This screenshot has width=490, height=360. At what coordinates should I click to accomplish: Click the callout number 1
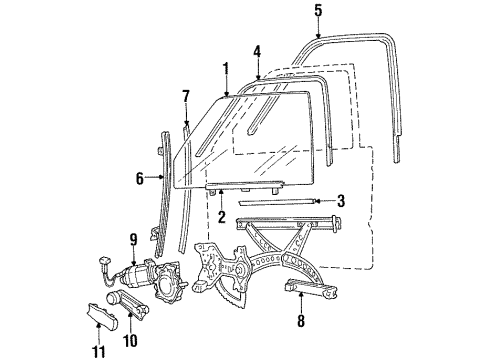click(x=226, y=69)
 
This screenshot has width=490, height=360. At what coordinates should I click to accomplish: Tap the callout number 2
click(x=222, y=216)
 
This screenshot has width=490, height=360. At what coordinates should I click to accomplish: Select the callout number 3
click(x=340, y=201)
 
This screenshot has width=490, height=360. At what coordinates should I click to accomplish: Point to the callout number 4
click(x=257, y=52)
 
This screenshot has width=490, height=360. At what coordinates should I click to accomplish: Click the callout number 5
click(x=318, y=10)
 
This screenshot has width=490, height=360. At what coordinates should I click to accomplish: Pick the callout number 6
click(x=140, y=179)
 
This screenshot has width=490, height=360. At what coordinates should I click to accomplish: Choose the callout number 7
click(x=186, y=97)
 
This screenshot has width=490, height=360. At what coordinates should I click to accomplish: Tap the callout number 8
click(x=301, y=321)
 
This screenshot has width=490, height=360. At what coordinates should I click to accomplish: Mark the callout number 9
click(x=133, y=240)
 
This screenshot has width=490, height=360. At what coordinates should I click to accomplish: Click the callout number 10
click(x=130, y=340)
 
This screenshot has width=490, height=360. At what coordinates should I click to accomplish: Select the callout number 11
click(x=99, y=351)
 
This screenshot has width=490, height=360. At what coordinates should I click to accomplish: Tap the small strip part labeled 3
click(x=277, y=202)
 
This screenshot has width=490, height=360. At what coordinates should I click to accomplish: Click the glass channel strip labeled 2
click(x=245, y=186)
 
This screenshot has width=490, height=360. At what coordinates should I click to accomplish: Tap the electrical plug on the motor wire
click(x=105, y=260)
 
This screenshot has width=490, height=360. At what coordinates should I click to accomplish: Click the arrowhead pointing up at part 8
click(x=301, y=294)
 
